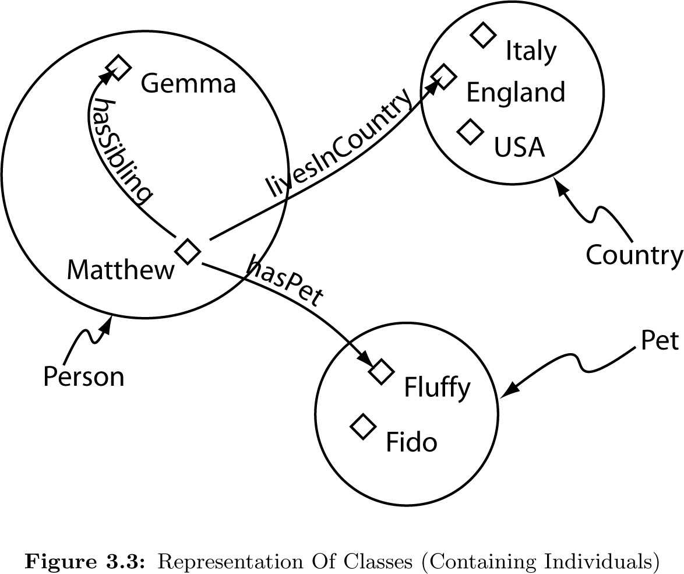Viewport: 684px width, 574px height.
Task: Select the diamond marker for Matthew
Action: click(x=188, y=252)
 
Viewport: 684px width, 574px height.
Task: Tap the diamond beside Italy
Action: click(x=482, y=35)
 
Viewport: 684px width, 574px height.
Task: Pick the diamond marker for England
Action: click(x=443, y=76)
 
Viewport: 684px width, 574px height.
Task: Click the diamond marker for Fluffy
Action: click(x=382, y=371)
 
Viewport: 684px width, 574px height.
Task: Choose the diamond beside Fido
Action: click(x=363, y=427)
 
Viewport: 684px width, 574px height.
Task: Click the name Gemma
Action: click(x=188, y=84)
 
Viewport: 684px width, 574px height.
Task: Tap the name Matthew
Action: click(x=121, y=270)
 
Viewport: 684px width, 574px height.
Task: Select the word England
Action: click(x=516, y=93)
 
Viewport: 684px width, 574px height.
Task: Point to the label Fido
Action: click(x=411, y=443)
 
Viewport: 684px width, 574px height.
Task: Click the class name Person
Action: click(x=83, y=377)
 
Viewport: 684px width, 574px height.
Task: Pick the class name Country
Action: click(x=634, y=256)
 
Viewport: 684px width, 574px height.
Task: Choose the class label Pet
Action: click(x=660, y=341)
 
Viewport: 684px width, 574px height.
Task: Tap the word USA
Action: click(x=519, y=148)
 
